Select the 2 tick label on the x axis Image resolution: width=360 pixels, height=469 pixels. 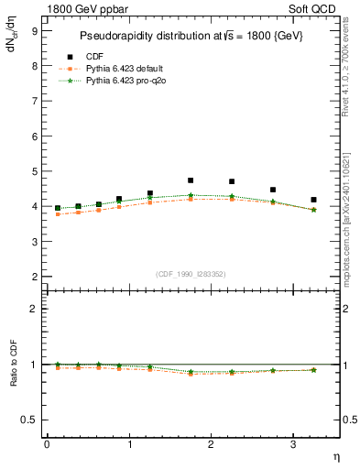[x=211, y=444]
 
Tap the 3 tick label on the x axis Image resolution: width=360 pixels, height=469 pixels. [x=292, y=444]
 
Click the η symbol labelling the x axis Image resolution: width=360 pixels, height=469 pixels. [x=335, y=456]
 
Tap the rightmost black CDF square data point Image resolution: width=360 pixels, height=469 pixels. [x=313, y=200]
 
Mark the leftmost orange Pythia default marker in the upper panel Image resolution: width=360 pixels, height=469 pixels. [x=58, y=214]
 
